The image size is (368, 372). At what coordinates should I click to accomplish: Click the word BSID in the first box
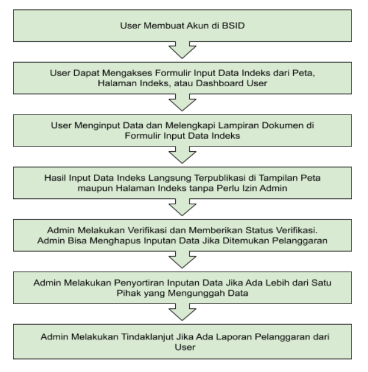click(233, 25)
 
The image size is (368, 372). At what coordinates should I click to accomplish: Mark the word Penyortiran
click(139, 283)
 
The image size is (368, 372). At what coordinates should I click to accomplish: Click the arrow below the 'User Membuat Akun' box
click(182, 50)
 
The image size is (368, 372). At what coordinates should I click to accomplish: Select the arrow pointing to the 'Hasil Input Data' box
click(182, 155)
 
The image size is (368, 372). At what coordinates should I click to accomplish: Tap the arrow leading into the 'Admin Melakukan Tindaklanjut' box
click(182, 312)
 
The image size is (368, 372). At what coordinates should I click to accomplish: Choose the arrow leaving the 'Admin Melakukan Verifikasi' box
click(182, 260)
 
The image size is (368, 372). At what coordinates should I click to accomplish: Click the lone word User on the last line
click(185, 347)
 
